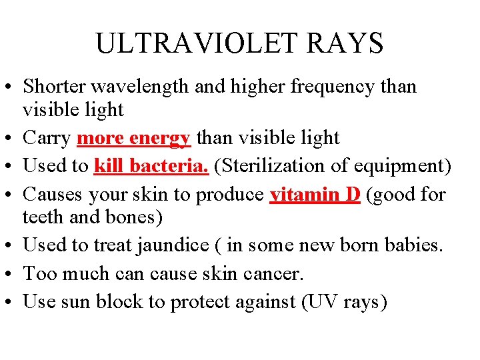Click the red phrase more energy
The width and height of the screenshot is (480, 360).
134,138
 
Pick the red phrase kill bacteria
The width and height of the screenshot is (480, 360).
151,165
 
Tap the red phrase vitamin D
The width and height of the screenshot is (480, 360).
315,193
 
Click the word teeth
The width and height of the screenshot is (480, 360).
39,217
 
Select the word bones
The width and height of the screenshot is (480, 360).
121,217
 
